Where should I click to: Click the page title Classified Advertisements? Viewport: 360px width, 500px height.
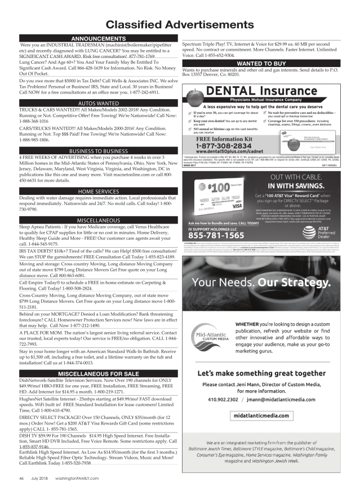pos(180,25)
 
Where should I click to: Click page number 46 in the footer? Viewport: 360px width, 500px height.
pos(21,478)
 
